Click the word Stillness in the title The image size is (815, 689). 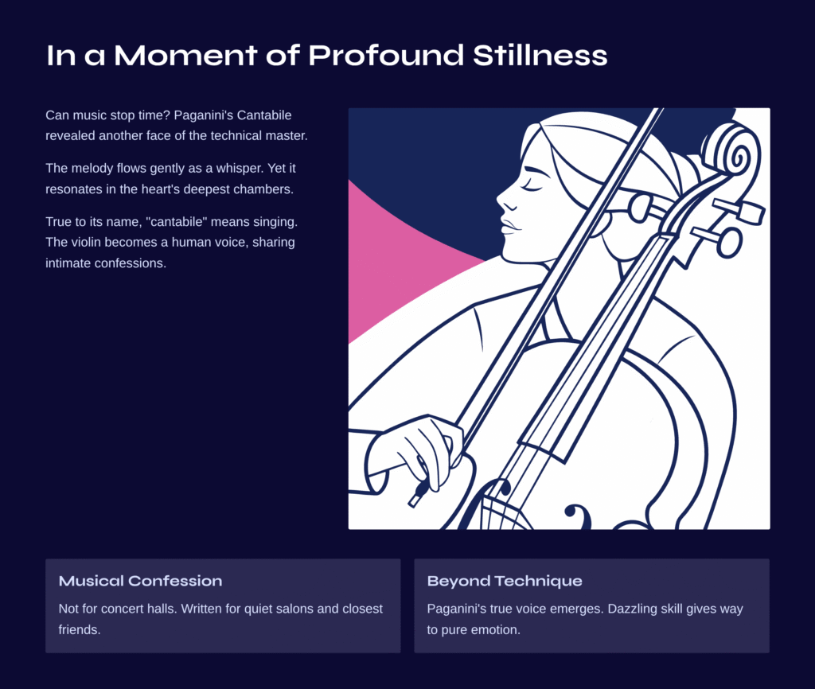(x=540, y=55)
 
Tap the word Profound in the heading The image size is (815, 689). (x=386, y=55)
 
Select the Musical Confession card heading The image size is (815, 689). (x=140, y=581)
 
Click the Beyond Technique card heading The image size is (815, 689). (x=505, y=581)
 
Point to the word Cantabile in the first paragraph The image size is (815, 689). (x=264, y=115)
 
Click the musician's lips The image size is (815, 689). (x=508, y=225)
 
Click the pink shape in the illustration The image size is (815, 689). (x=395, y=260)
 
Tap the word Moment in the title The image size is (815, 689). (x=185, y=55)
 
